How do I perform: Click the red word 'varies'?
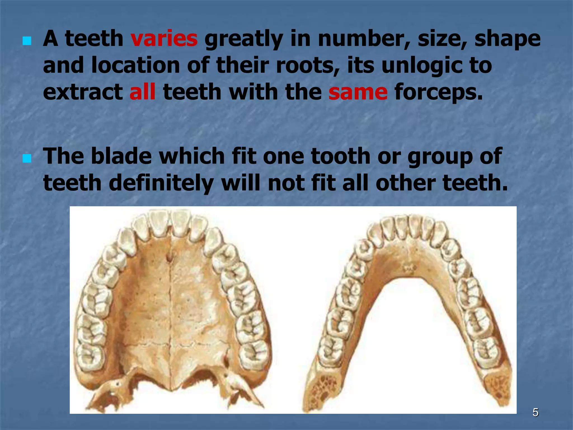[164, 39]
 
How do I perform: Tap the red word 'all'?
[142, 92]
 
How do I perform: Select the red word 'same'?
[358, 92]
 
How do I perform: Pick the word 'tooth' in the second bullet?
[340, 156]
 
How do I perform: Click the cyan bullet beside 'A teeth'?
[27, 42]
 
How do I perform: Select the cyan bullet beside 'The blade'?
[27, 159]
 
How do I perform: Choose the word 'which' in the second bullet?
[192, 156]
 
